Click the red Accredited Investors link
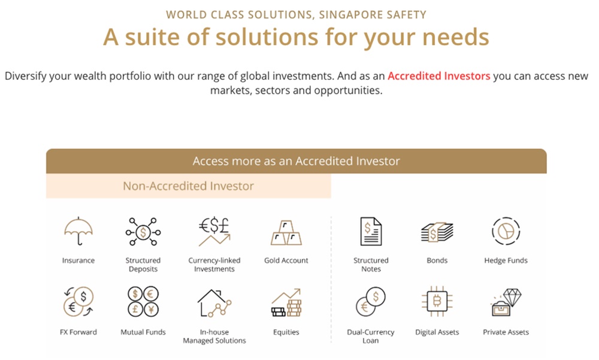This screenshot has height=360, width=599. coord(439,76)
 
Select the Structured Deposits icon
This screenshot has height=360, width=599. coord(143,232)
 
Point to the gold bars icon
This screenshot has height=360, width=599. coord(286,232)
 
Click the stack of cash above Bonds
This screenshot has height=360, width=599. coord(437,232)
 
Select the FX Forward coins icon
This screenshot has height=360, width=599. coord(78,302)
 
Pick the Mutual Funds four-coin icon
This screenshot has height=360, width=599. coord(143,302)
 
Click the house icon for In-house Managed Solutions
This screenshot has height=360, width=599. coord(214,302)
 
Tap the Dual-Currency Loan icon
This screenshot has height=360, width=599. coord(371,302)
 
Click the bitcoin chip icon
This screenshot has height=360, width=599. coord(437,302)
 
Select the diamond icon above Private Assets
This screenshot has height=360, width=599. coord(506,302)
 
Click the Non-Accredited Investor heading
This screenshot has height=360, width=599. coord(188,186)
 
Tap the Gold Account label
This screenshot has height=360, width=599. coord(286,261)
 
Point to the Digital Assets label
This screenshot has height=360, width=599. coord(437,332)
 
